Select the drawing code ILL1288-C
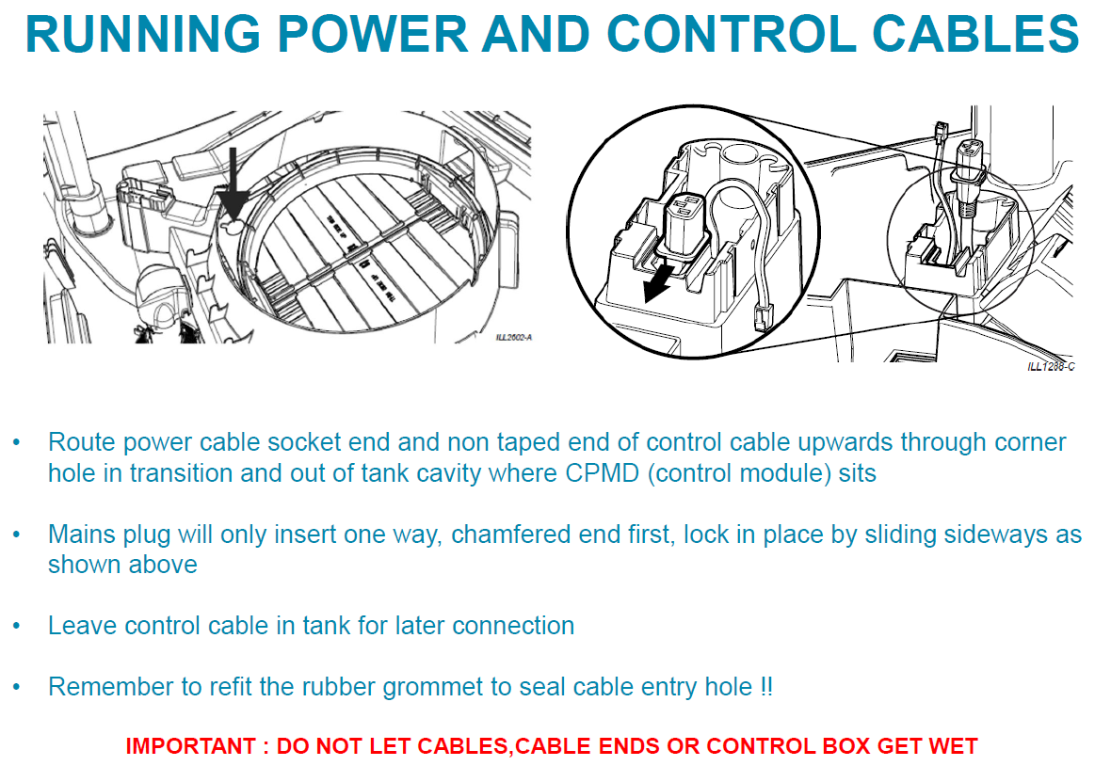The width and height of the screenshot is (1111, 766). click(x=1051, y=366)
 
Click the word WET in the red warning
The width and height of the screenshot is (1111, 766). click(x=953, y=747)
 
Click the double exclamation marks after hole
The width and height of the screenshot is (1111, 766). click(x=765, y=687)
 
